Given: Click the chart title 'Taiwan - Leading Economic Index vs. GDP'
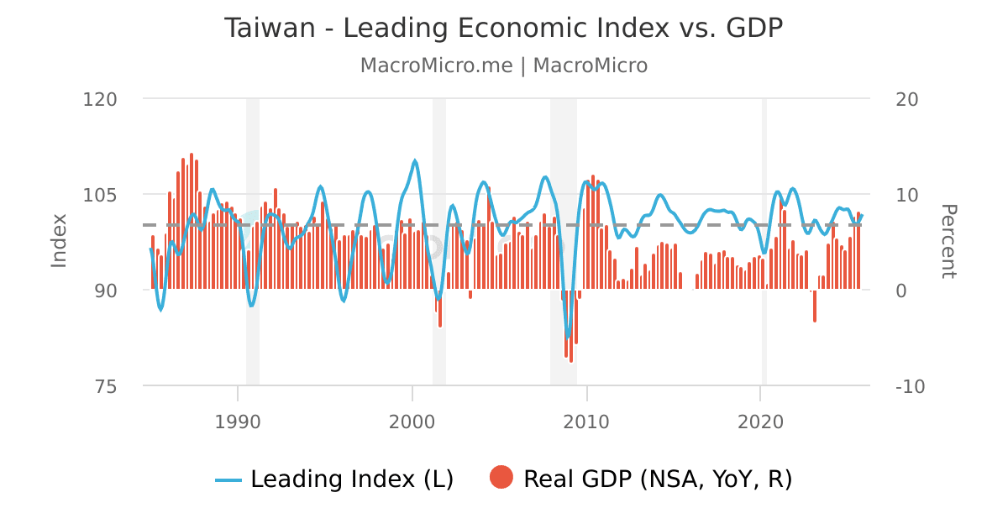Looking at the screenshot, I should click(x=503, y=28).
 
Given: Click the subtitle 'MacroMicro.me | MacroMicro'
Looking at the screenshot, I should click(x=503, y=65).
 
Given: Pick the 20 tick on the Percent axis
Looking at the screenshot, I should click(x=907, y=99).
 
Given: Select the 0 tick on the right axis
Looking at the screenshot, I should click(x=902, y=291).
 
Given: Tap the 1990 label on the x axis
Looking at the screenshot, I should click(x=238, y=420).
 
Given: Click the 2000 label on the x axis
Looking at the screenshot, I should click(x=412, y=420).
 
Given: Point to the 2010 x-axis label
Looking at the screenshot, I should click(x=586, y=420).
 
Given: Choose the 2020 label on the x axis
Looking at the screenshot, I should click(x=760, y=420).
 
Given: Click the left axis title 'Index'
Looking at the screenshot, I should click(x=59, y=241).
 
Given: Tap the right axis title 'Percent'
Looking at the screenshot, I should click(x=948, y=241).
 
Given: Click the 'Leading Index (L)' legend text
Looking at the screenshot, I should click(x=352, y=479).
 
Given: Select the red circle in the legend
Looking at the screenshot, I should click(x=501, y=478).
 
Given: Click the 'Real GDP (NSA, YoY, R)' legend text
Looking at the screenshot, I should click(x=658, y=479).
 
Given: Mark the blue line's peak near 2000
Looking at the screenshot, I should click(x=415, y=160).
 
